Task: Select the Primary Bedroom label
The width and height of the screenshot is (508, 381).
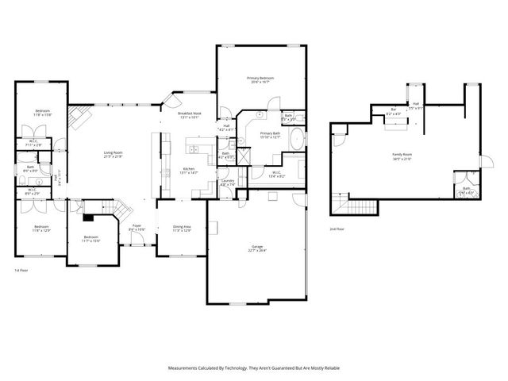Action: pos(260,79)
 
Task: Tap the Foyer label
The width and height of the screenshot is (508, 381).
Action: pos(137,229)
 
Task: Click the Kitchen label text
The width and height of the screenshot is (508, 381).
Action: pos(190,171)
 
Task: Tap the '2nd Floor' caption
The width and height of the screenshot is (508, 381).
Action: pos(337,229)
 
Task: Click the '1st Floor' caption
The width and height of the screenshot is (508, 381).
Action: pos(21,271)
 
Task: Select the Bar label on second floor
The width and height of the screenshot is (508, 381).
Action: pos(393,111)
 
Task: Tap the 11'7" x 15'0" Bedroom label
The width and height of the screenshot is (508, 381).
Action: pos(91,238)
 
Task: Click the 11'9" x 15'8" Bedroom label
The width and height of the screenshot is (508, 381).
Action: pos(42,113)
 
